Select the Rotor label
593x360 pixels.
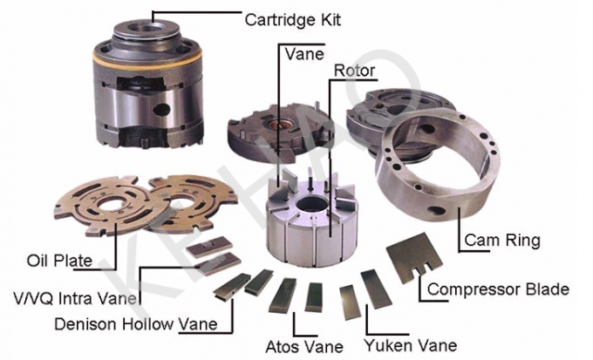click(x=355, y=70)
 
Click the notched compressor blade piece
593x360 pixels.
click(x=409, y=255)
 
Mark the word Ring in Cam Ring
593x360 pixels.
click(x=527, y=240)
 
